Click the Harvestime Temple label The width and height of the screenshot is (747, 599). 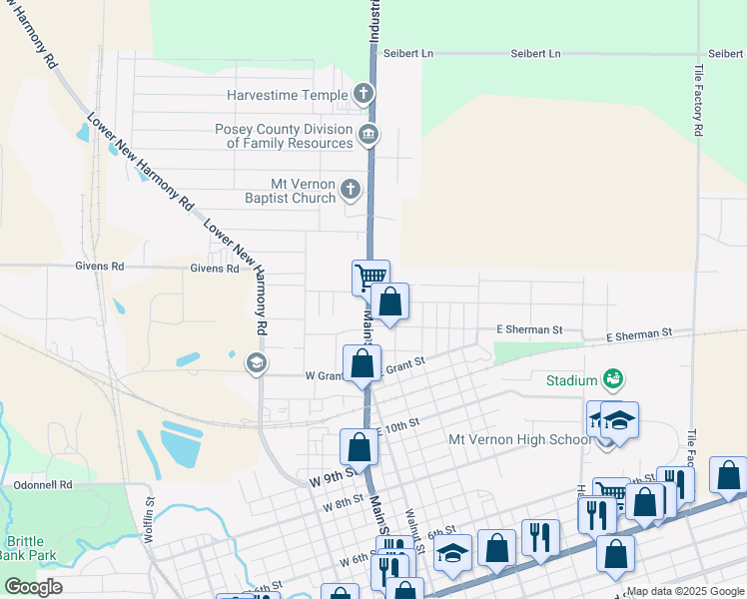coord(286,96)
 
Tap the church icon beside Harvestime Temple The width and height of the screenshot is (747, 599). coord(364,95)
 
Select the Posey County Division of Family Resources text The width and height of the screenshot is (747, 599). coord(284,136)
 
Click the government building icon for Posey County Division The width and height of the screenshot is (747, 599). coord(368,135)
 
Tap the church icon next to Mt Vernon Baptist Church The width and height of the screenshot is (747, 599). coord(350,189)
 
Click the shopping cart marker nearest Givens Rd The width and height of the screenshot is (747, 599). coord(370,277)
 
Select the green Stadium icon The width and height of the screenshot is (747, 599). coord(613,379)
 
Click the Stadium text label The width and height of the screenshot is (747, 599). coord(570,380)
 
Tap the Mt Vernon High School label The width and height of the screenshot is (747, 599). coord(519,439)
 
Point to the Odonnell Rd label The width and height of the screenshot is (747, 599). coord(43,485)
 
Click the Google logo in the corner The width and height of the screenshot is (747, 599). coord(33,586)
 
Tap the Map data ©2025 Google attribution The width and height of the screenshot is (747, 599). coord(684,591)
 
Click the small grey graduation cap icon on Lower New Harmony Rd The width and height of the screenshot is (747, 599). coord(257,362)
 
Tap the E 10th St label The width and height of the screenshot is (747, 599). coord(397,427)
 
